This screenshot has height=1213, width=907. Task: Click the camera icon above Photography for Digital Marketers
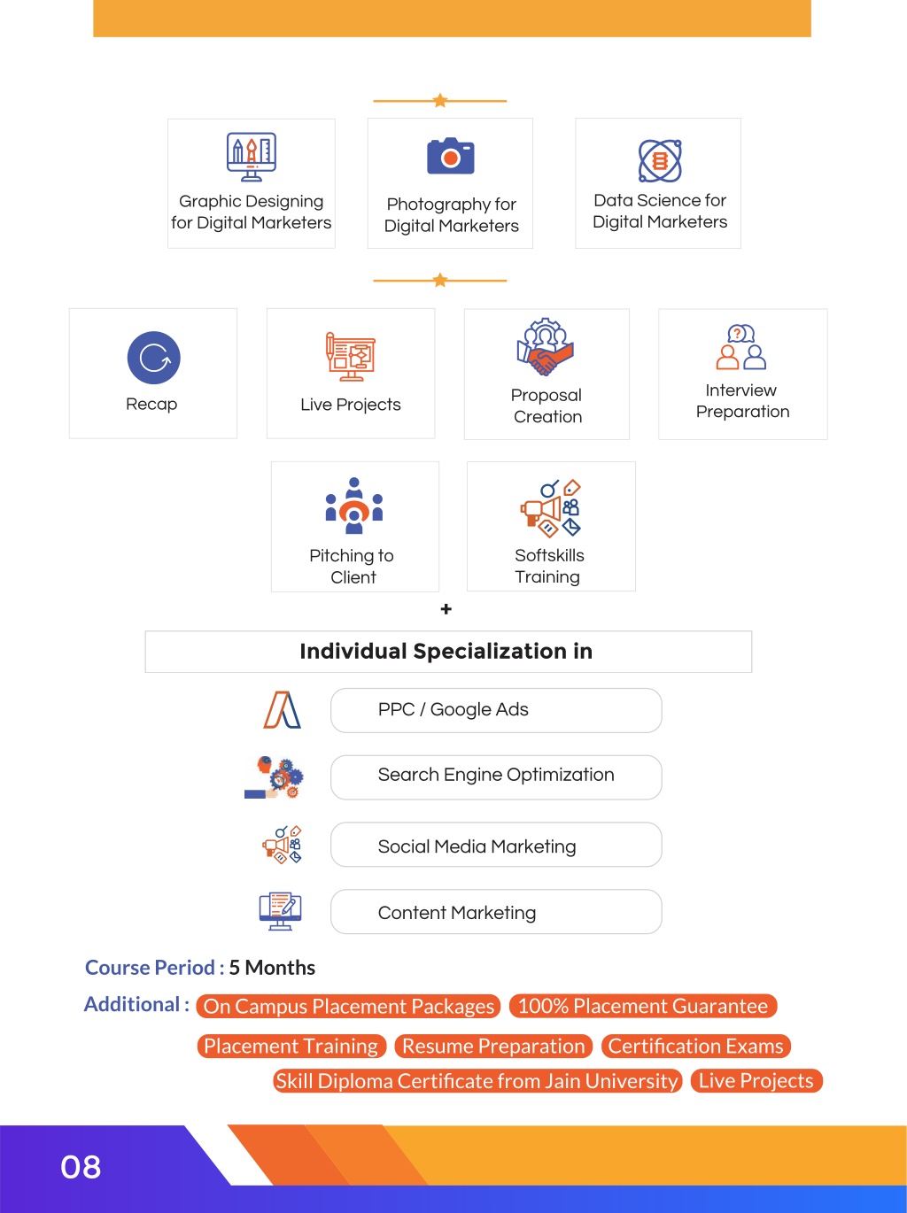(451, 156)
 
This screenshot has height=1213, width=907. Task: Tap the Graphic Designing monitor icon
(252, 157)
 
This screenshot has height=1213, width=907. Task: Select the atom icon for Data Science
(660, 161)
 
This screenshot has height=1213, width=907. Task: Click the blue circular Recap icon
(153, 358)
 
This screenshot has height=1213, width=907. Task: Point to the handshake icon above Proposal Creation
(546, 346)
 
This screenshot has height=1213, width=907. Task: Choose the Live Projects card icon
(351, 357)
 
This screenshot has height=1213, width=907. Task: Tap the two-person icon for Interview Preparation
(741, 346)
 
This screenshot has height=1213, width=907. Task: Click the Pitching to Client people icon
(354, 506)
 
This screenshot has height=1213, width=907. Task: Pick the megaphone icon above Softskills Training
(551, 508)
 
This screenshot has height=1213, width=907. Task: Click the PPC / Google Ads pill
(496, 710)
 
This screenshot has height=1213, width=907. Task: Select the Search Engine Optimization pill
(496, 777)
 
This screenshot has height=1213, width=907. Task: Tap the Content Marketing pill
(496, 911)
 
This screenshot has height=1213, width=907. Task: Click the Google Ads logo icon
(282, 710)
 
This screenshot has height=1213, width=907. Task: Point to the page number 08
(81, 1168)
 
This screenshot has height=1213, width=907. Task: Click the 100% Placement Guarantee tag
(643, 1006)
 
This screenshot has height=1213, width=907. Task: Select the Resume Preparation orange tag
(493, 1047)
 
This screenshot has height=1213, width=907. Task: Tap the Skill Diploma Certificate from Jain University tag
(477, 1081)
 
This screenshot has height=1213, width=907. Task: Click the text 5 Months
(272, 968)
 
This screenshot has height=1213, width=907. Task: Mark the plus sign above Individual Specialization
(446, 609)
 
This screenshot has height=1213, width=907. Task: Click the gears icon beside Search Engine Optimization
(275, 777)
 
